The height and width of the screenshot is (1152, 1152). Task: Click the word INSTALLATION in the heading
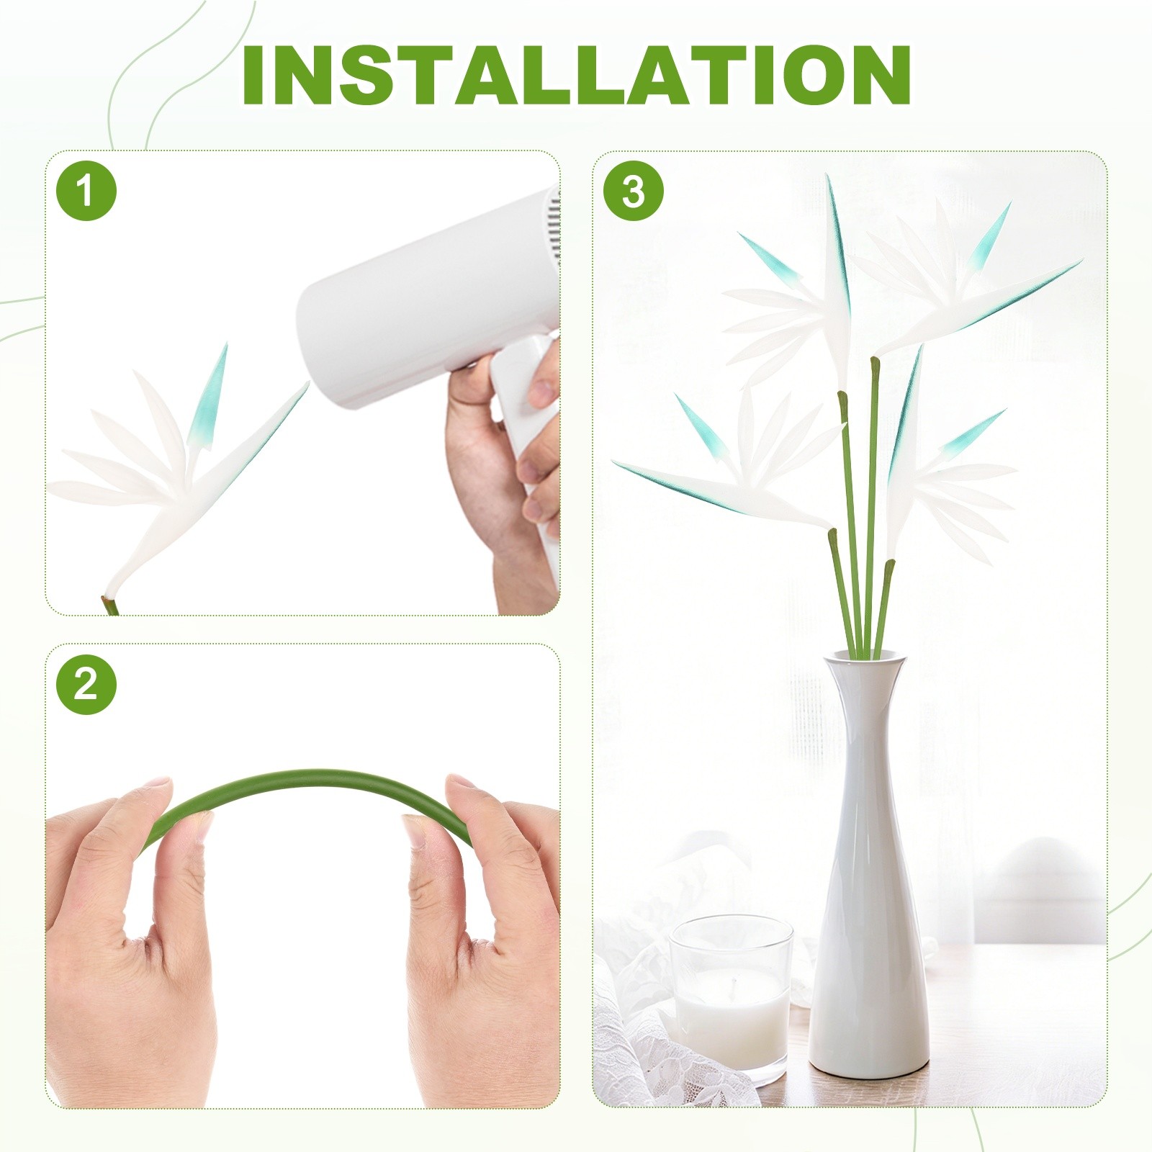(x=576, y=76)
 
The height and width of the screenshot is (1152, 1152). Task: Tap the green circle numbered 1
(x=86, y=191)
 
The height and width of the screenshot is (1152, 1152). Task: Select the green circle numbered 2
(x=86, y=684)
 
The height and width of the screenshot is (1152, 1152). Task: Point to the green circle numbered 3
(x=634, y=191)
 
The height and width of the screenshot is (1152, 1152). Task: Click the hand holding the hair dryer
(x=504, y=475)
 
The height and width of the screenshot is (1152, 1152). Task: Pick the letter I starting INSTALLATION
(x=253, y=76)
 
